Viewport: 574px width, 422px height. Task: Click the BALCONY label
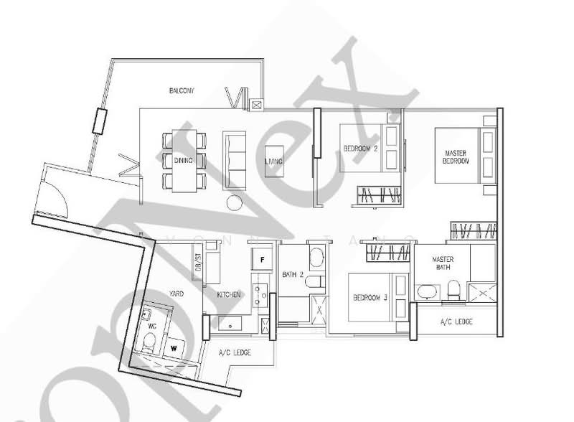[x=182, y=90]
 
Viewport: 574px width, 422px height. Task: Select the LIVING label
[x=273, y=162]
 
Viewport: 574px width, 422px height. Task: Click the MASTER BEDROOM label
[x=456, y=157]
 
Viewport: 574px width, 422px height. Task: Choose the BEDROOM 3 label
[x=370, y=299]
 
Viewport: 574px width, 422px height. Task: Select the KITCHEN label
[x=229, y=295]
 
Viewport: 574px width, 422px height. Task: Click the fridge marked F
[x=262, y=259]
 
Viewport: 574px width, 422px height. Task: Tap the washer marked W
[x=174, y=348]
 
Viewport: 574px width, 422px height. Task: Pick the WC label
[x=151, y=327]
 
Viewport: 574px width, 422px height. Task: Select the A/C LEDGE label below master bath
[x=456, y=322]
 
